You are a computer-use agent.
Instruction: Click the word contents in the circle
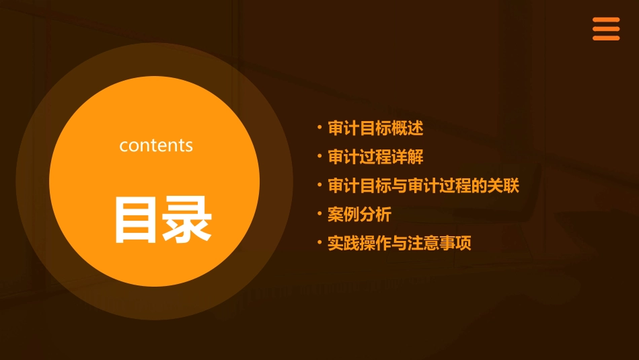[156, 145]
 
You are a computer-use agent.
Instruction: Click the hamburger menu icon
[605, 29]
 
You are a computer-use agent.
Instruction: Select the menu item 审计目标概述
[375, 128]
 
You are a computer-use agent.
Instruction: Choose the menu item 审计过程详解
[375, 157]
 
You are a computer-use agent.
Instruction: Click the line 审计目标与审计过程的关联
[423, 186]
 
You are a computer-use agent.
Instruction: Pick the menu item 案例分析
[359, 215]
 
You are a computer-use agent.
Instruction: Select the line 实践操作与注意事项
[399, 244]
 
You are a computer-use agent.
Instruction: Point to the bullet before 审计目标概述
[319, 127]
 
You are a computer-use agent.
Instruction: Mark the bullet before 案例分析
[319, 213]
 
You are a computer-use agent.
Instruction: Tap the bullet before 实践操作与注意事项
[319, 242]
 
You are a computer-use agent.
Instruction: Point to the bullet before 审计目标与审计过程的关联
[319, 184]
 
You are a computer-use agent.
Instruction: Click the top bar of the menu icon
[605, 20]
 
